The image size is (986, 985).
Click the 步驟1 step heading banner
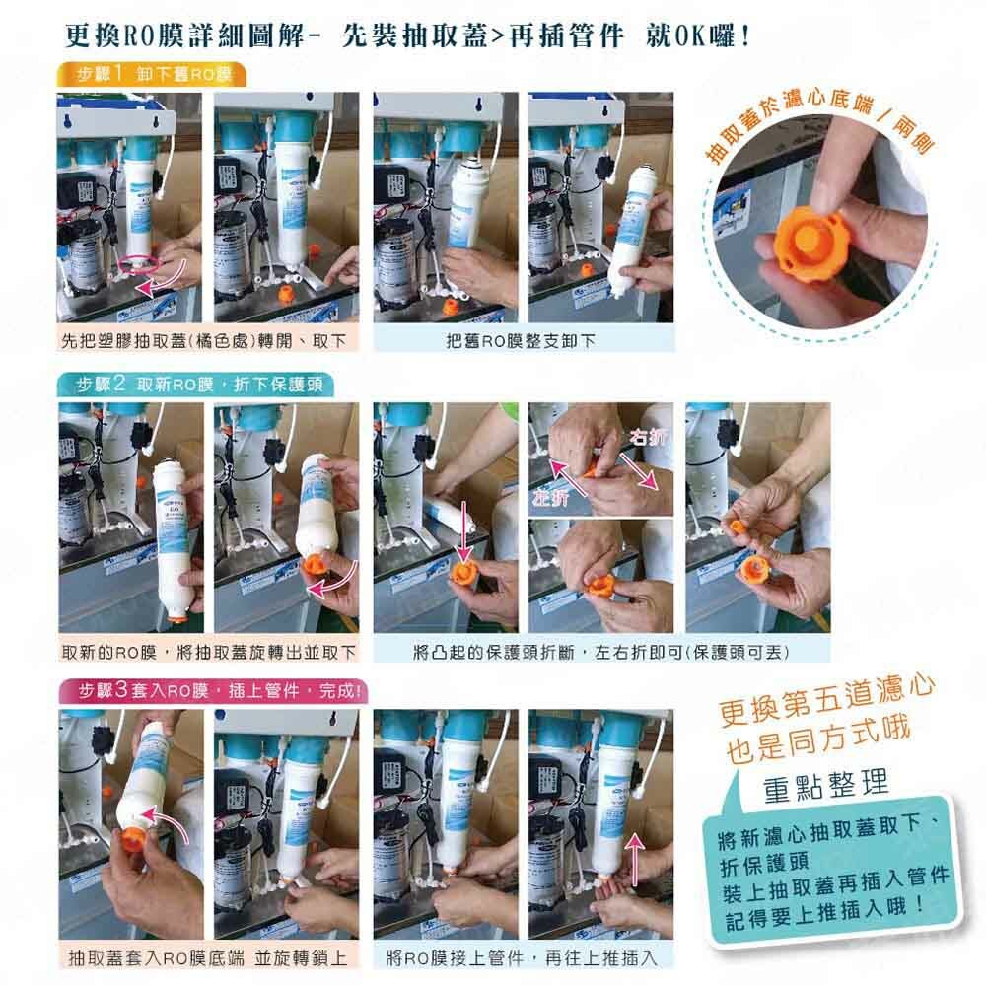[x=151, y=75]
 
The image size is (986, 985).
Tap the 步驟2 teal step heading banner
[x=193, y=385]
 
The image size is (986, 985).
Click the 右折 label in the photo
[x=649, y=437]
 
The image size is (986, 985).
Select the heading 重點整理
[x=825, y=786]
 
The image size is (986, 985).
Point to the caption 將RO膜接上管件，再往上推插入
[x=522, y=958]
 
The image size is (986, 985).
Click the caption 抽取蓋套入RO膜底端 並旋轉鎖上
[x=207, y=958]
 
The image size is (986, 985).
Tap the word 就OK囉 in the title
[x=697, y=35]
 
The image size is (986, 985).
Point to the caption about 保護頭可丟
[x=601, y=653]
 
